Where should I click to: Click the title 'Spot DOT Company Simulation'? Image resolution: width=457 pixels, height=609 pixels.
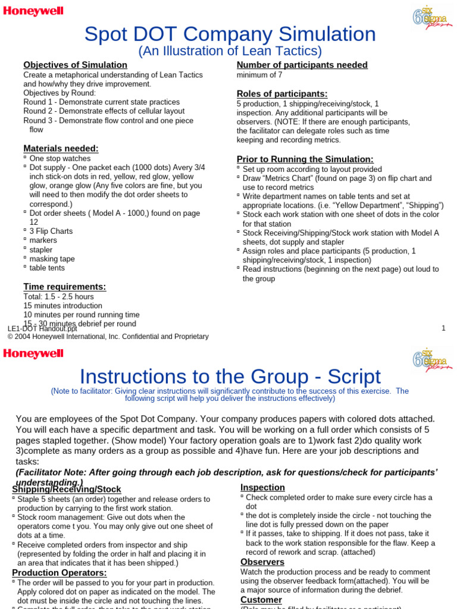coord(230,34)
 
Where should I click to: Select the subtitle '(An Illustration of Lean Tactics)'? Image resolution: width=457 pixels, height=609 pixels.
coord(230,51)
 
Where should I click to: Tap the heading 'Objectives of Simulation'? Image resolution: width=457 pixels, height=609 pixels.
coord(75,65)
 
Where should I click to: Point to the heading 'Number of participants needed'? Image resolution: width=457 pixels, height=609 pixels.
coord(302,65)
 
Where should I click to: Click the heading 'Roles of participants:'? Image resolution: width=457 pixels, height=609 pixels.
coord(282,93)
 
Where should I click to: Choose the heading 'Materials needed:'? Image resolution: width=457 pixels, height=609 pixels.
coord(61,148)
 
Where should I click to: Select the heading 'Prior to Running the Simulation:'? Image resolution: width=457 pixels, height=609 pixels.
coord(305,159)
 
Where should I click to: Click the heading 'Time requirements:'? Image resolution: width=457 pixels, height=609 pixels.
coord(64,287)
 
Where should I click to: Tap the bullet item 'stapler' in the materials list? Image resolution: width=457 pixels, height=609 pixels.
coord(41,250)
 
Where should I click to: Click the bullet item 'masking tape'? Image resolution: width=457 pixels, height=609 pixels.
coord(52,259)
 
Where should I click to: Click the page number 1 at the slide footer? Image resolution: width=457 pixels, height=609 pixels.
coord(443,328)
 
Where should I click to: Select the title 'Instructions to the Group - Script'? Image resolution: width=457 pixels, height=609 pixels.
coord(230,376)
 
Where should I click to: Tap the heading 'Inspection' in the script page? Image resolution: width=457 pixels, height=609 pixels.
coord(262,488)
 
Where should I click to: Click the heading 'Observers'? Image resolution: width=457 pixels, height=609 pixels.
coord(262,562)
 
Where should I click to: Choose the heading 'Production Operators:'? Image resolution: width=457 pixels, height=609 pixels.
coord(60,573)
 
